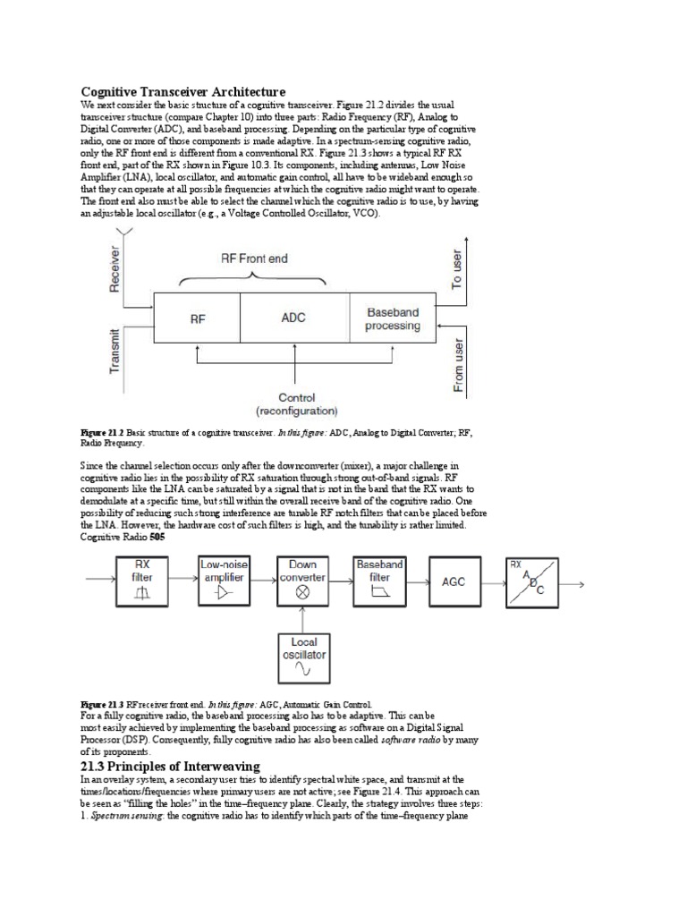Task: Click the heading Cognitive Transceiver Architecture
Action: (x=183, y=92)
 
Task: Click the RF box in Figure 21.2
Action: (x=197, y=318)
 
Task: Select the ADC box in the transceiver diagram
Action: (x=293, y=318)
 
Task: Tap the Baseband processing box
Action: (x=393, y=318)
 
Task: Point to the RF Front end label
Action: (x=255, y=259)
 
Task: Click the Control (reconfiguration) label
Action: (x=296, y=404)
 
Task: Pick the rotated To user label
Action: (x=457, y=268)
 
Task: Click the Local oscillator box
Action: (x=303, y=657)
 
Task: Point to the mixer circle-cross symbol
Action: (x=303, y=592)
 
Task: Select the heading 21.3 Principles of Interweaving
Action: (x=170, y=766)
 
